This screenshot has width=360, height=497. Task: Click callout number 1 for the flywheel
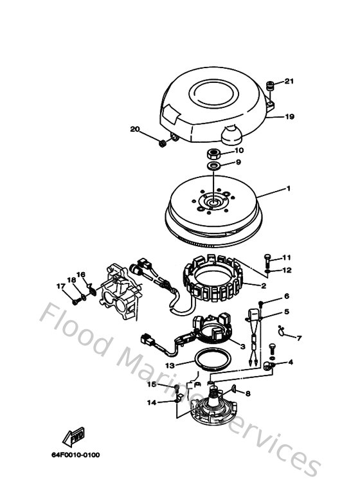(289, 189)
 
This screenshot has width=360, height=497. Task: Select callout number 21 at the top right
(289, 82)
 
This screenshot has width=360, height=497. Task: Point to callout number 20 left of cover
(134, 130)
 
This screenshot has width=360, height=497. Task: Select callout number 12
(287, 270)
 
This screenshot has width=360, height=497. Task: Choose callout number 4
(291, 362)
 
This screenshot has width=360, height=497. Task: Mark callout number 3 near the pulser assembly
(242, 347)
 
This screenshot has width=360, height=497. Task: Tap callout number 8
(248, 393)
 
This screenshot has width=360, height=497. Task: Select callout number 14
(151, 403)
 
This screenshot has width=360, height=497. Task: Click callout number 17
(60, 286)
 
